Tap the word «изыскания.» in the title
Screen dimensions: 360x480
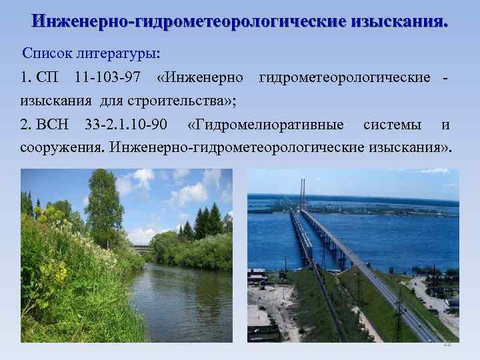401,21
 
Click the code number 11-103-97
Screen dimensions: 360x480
107,77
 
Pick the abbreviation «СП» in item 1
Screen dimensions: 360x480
48,77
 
